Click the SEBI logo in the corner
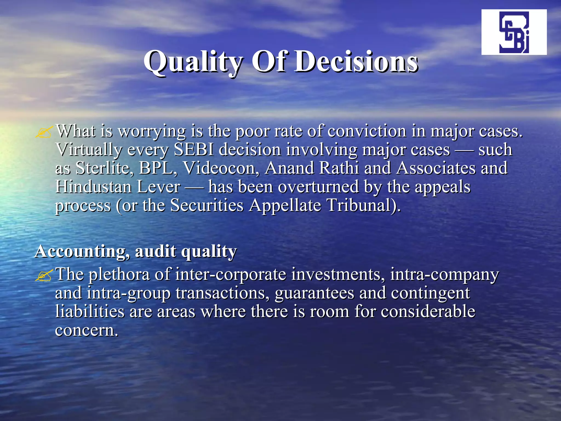pos(514,32)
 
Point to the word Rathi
pos(339,168)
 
